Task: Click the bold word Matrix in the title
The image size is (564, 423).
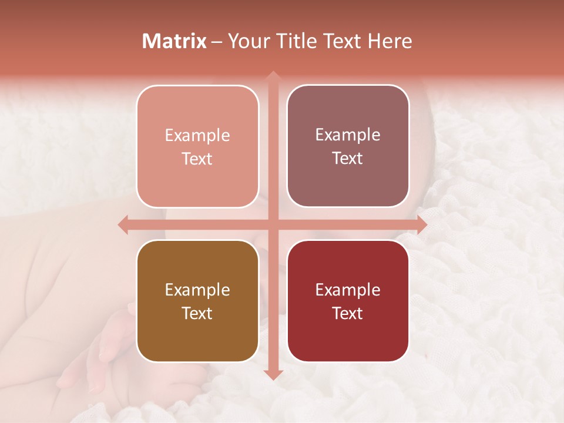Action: coord(174,41)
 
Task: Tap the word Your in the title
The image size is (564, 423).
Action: coord(246,41)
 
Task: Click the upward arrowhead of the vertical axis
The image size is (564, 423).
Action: coord(273,75)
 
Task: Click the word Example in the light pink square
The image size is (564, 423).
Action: coord(197,136)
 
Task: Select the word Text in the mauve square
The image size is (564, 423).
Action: coord(348,159)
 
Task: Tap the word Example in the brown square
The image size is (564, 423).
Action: coord(197,290)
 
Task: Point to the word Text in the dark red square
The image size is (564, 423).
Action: coord(348,313)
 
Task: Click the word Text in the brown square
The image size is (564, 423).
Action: coord(197,313)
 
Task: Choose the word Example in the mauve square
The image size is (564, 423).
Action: coord(348,135)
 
